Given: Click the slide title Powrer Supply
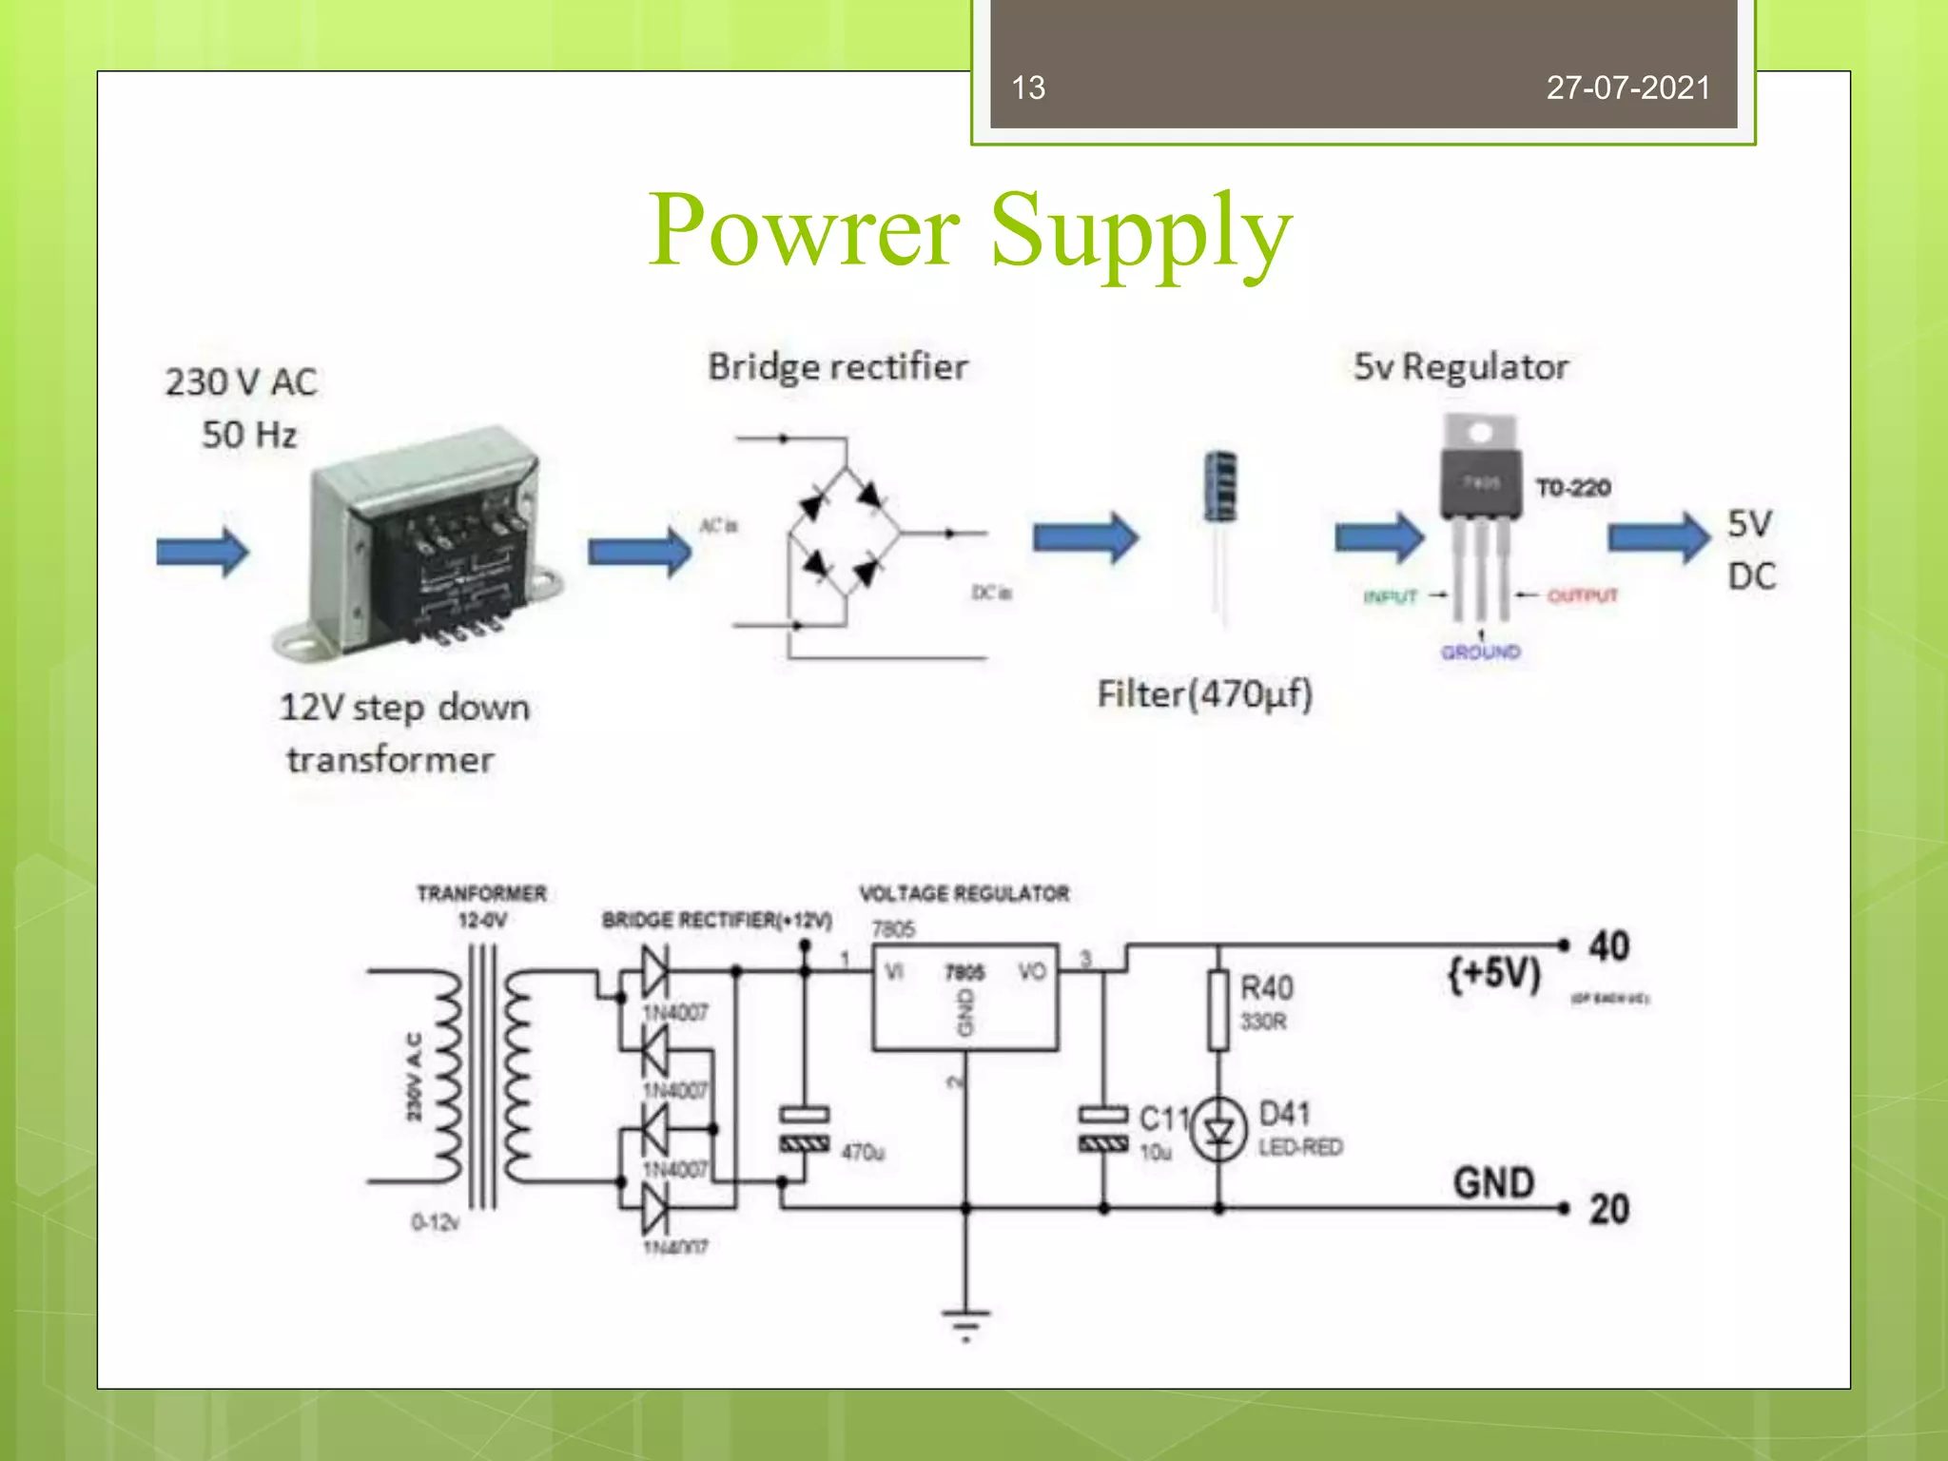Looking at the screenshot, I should pyautogui.click(x=970, y=231).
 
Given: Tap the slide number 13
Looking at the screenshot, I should pyautogui.click(x=1028, y=88).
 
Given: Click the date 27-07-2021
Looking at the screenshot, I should pyautogui.click(x=1627, y=88).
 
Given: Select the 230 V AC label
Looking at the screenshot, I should pyautogui.click(x=242, y=382).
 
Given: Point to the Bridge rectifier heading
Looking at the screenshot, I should pyautogui.click(x=837, y=367).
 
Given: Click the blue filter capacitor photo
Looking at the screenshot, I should pyautogui.click(x=1220, y=487).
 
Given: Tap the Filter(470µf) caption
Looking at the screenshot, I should pyautogui.click(x=1204, y=694).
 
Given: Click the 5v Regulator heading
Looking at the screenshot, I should pyautogui.click(x=1461, y=367).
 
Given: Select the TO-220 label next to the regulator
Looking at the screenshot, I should pyautogui.click(x=1573, y=488).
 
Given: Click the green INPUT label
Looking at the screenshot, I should pyautogui.click(x=1390, y=597).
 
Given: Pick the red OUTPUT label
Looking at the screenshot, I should pyautogui.click(x=1582, y=596).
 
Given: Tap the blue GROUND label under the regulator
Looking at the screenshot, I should pyautogui.click(x=1480, y=653).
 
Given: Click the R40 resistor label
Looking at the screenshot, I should pyautogui.click(x=1266, y=988).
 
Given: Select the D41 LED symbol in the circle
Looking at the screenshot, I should pyautogui.click(x=1219, y=1130).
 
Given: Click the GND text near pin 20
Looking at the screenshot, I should pyautogui.click(x=1493, y=1183).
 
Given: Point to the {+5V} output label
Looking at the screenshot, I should pyautogui.click(x=1493, y=974).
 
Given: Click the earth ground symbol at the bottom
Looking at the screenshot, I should pyautogui.click(x=965, y=1322).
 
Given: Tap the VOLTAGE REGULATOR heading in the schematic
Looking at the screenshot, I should pyautogui.click(x=964, y=894).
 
